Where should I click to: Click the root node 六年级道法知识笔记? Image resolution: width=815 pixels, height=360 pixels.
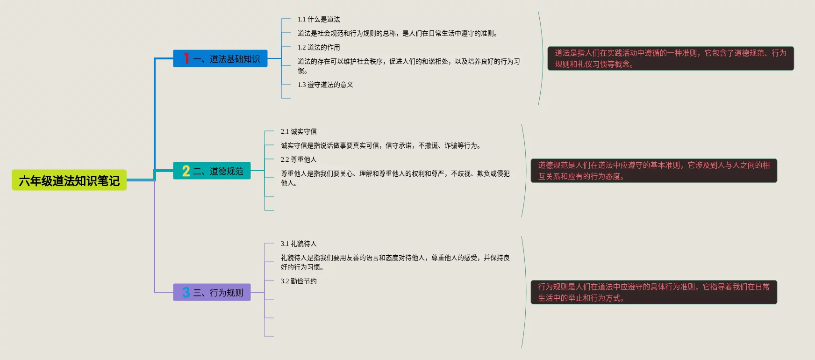point(69,180)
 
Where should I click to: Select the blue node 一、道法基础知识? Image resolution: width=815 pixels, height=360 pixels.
point(220,59)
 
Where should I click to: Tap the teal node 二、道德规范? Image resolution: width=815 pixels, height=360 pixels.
point(212,171)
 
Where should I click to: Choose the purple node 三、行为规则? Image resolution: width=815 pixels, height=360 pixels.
point(212,293)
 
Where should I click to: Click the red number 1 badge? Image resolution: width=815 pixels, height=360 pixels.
point(186,58)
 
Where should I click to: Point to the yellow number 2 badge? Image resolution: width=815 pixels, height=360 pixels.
point(186,171)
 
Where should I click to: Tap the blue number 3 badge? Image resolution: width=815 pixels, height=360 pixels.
point(186,293)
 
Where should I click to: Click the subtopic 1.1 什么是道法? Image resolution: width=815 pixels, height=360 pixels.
point(319,20)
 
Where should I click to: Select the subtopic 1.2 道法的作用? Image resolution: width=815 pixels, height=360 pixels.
point(319,48)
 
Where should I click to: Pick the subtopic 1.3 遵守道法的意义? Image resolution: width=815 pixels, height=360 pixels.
point(325,85)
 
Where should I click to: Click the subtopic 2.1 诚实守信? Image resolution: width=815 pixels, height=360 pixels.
point(299,132)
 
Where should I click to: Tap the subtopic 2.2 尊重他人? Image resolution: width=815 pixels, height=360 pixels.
point(299,160)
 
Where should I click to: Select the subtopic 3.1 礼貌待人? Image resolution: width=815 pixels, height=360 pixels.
point(299,244)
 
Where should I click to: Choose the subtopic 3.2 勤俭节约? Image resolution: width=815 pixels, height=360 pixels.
point(299,281)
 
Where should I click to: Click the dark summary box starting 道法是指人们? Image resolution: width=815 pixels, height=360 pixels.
point(671,59)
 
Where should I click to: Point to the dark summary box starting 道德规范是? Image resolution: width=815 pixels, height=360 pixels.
point(654,171)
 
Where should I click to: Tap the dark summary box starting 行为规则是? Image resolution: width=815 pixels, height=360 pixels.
point(654,293)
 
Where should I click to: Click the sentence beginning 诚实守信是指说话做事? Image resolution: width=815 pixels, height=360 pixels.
point(381,146)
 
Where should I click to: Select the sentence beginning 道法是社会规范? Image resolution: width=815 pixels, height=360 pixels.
point(398,34)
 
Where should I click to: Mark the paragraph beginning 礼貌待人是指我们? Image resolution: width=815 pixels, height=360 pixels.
point(395,262)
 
